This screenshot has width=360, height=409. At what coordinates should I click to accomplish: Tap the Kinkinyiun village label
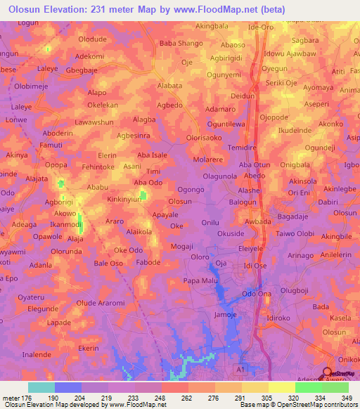click(x=129, y=199)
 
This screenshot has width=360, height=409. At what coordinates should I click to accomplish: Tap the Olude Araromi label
click(x=105, y=303)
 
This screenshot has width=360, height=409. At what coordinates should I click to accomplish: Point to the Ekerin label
click(x=89, y=349)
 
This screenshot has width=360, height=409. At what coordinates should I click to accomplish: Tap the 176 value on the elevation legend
click(x=28, y=398)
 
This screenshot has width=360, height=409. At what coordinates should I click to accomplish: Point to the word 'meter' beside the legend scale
click(x=11, y=398)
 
